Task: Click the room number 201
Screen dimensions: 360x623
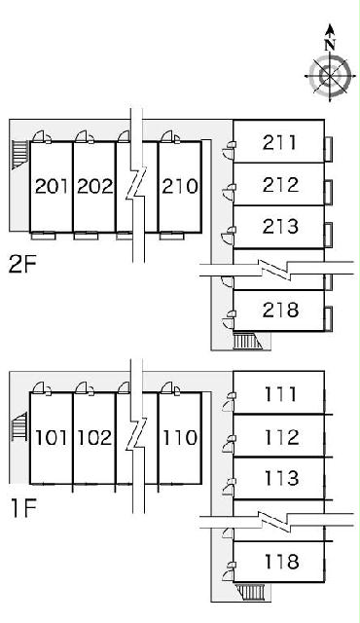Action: (52, 186)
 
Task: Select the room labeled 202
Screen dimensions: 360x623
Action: (94, 186)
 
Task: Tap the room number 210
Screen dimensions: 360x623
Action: (179, 186)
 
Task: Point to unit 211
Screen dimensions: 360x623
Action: (279, 143)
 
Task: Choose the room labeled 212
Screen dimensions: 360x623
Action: (280, 184)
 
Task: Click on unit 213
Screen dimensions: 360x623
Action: (280, 227)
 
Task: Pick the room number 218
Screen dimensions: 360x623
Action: (280, 310)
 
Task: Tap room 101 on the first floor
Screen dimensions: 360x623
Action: (52, 437)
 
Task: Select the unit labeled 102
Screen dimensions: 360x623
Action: (94, 437)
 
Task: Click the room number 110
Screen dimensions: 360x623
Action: (180, 437)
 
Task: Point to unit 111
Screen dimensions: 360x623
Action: (280, 394)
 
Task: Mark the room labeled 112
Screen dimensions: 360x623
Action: (281, 437)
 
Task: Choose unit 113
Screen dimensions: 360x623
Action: (281, 478)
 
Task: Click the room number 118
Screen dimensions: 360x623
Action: (281, 562)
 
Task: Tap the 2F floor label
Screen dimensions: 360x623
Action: (22, 264)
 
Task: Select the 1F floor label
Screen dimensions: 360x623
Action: (23, 509)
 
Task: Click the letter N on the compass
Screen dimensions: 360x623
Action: (330, 45)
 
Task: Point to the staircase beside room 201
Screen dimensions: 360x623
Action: (19, 154)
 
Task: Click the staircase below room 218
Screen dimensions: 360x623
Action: (248, 341)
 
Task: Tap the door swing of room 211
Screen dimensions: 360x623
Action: (229, 153)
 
